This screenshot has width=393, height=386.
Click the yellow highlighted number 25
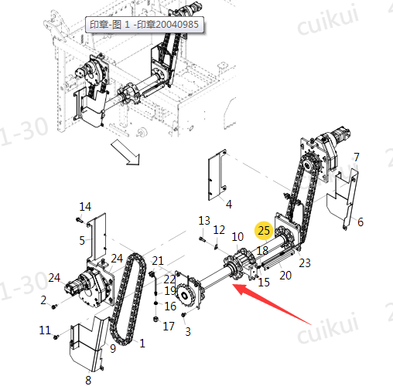pyautogui.click(x=264, y=230)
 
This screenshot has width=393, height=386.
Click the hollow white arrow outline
pyautogui.click(x=125, y=152)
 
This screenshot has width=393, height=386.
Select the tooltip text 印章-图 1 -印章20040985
pyautogui.click(x=144, y=25)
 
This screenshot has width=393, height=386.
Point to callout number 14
pyautogui.click(x=85, y=207)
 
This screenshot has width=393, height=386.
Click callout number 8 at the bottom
pyautogui.click(x=88, y=380)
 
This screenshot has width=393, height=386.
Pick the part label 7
pyautogui.click(x=357, y=157)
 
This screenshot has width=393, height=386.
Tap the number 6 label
pyautogui.click(x=361, y=222)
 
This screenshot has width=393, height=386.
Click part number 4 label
pyautogui.click(x=229, y=204)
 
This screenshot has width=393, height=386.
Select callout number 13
pyautogui.click(x=204, y=221)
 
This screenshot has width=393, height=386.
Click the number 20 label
pyautogui.click(x=285, y=276)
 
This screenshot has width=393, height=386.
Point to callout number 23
pyautogui.click(x=305, y=263)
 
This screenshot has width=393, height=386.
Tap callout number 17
pyautogui.click(x=169, y=327)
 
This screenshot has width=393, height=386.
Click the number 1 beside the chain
pyautogui.click(x=142, y=344)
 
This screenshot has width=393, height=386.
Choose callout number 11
pyautogui.click(x=45, y=330)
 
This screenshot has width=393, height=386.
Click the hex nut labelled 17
pyautogui.click(x=155, y=319)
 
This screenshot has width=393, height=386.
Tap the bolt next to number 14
pyautogui.click(x=79, y=220)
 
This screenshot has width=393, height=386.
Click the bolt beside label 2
pyautogui.click(x=54, y=306)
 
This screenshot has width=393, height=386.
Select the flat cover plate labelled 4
pyautogui.click(x=217, y=174)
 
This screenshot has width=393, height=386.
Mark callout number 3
pyautogui.click(x=188, y=331)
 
